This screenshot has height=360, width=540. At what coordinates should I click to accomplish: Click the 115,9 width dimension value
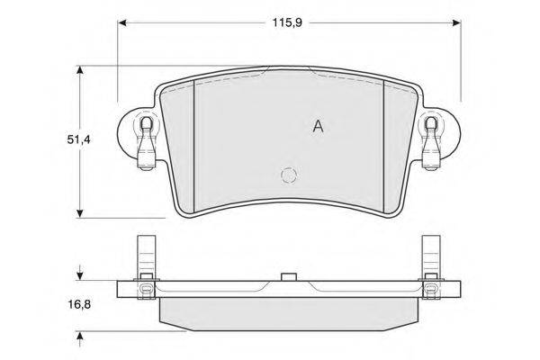(x=287, y=23)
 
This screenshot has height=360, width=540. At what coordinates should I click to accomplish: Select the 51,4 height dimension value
(x=78, y=139)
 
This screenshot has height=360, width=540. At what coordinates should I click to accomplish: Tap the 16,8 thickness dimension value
(x=79, y=304)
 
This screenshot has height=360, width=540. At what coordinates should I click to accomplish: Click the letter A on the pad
(x=319, y=126)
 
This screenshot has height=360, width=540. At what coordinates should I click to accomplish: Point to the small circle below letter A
(x=289, y=175)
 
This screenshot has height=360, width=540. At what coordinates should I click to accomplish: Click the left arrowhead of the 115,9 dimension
(x=123, y=23)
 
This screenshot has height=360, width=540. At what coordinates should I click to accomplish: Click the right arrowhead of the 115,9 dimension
(x=456, y=23)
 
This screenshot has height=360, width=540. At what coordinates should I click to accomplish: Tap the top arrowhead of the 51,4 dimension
(x=80, y=70)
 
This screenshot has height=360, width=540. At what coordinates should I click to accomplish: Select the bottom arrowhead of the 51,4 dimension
(x=80, y=213)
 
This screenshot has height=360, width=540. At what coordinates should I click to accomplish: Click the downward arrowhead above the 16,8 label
(x=80, y=275)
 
